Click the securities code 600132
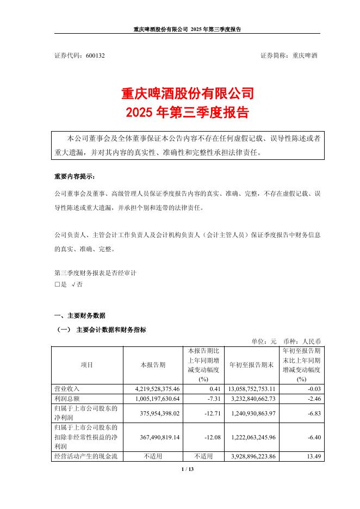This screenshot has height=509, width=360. [95, 55]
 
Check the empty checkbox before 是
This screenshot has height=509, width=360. [57, 283]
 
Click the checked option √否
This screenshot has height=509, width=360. [77, 283]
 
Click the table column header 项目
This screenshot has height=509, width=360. [86, 365]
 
